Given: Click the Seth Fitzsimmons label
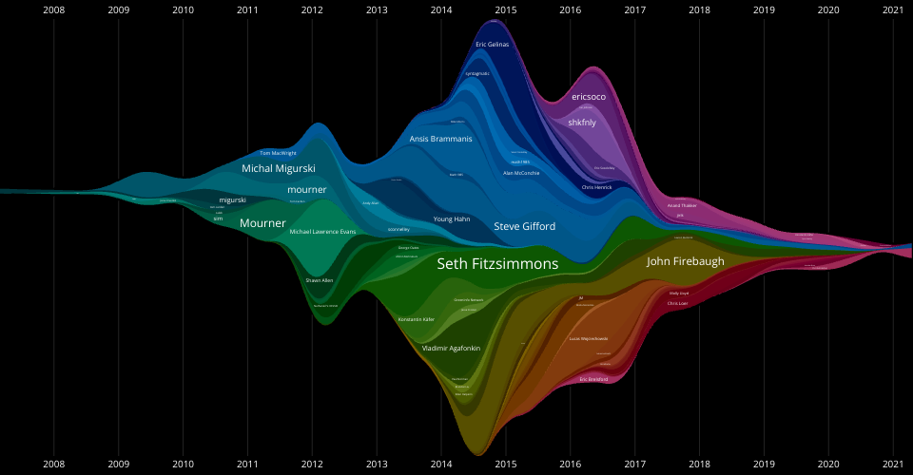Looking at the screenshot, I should [497, 265].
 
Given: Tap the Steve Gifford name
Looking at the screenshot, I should [524, 226].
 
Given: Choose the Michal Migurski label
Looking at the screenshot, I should [278, 168].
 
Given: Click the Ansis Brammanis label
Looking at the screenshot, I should [440, 139].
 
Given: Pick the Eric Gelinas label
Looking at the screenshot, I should [493, 45].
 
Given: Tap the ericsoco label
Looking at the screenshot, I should [589, 97].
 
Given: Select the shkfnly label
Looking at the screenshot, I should [582, 123].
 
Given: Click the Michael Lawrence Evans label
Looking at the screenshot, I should [322, 232].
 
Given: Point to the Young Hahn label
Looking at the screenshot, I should [452, 218].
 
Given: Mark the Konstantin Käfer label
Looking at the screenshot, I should [417, 319].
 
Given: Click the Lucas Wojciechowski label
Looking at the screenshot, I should [589, 338].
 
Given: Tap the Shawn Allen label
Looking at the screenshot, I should [320, 280].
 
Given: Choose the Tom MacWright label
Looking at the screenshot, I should [278, 153].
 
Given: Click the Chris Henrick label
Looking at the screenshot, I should [597, 187].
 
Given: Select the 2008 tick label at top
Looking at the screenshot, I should [54, 10].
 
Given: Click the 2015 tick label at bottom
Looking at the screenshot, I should [506, 465].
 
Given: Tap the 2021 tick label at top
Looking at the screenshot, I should [893, 10].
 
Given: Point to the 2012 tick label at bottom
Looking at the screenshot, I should [312, 465].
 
